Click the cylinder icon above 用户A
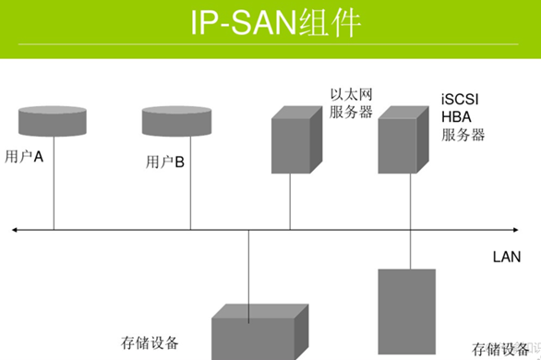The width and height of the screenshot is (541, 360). [53, 120]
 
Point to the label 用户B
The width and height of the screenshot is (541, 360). [166, 163]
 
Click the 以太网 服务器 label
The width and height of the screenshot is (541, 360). [351, 102]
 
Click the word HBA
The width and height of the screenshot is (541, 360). [456, 117]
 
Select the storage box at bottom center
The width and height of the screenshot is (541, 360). [255, 332]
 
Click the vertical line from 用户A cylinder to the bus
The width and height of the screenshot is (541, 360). [54, 185]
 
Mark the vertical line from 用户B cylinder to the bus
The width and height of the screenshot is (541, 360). [190, 185]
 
